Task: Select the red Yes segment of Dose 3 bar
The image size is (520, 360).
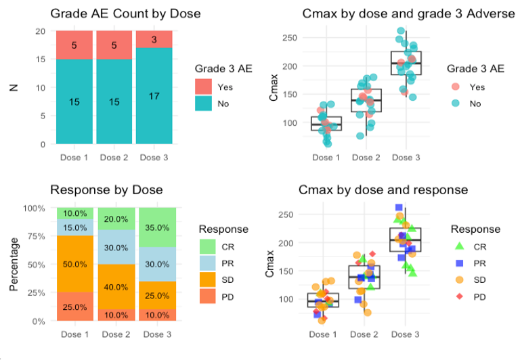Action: click(x=156, y=39)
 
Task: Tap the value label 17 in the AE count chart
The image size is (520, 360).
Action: click(x=156, y=96)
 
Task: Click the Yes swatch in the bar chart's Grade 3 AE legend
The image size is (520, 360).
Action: click(x=204, y=87)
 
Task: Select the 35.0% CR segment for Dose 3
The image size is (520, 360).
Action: click(x=156, y=227)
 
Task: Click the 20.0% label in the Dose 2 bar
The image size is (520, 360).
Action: click(x=115, y=219)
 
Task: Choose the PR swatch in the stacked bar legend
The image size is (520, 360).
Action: click(x=208, y=263)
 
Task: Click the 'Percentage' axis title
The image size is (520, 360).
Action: click(x=14, y=265)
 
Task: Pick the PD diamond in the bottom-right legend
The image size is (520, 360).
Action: click(x=460, y=296)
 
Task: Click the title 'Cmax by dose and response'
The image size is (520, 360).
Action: click(x=383, y=189)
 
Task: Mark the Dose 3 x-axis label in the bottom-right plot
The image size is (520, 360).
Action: click(x=406, y=334)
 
